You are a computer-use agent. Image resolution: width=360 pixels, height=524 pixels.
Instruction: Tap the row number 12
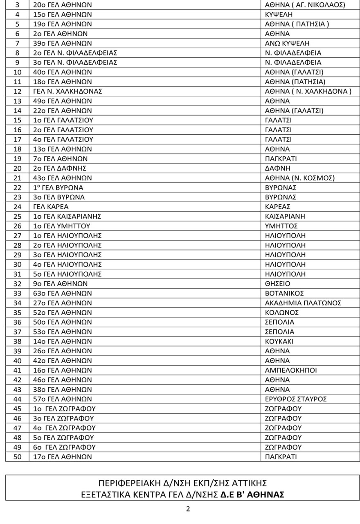pos(17,91)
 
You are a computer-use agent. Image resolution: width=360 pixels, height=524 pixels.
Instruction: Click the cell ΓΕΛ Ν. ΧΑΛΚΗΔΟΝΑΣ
pos(67,91)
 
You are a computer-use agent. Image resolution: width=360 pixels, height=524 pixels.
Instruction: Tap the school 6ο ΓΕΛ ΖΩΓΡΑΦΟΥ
pos(64,447)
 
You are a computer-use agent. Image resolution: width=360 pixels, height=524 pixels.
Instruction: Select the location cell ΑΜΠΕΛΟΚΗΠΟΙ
pos(291,370)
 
